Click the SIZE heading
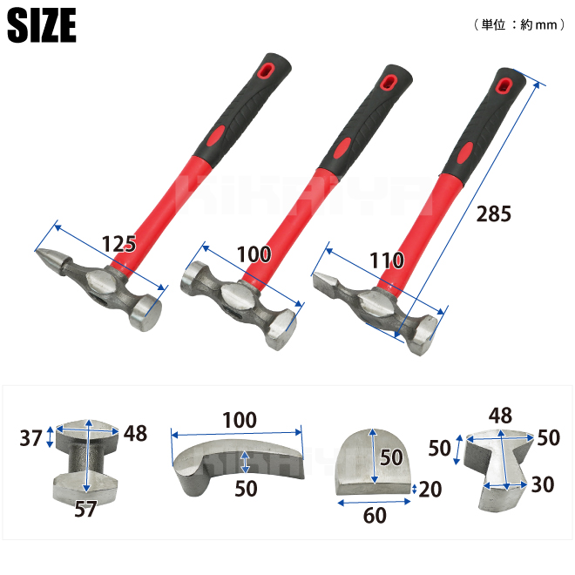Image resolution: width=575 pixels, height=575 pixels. [42, 25]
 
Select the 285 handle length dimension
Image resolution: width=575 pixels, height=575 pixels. [494, 213]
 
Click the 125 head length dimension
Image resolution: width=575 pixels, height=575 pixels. [118, 243]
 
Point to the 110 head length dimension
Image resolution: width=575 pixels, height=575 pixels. [387, 260]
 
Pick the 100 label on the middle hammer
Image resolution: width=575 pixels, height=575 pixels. [254, 254]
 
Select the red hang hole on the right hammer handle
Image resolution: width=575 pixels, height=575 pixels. [504, 85]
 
